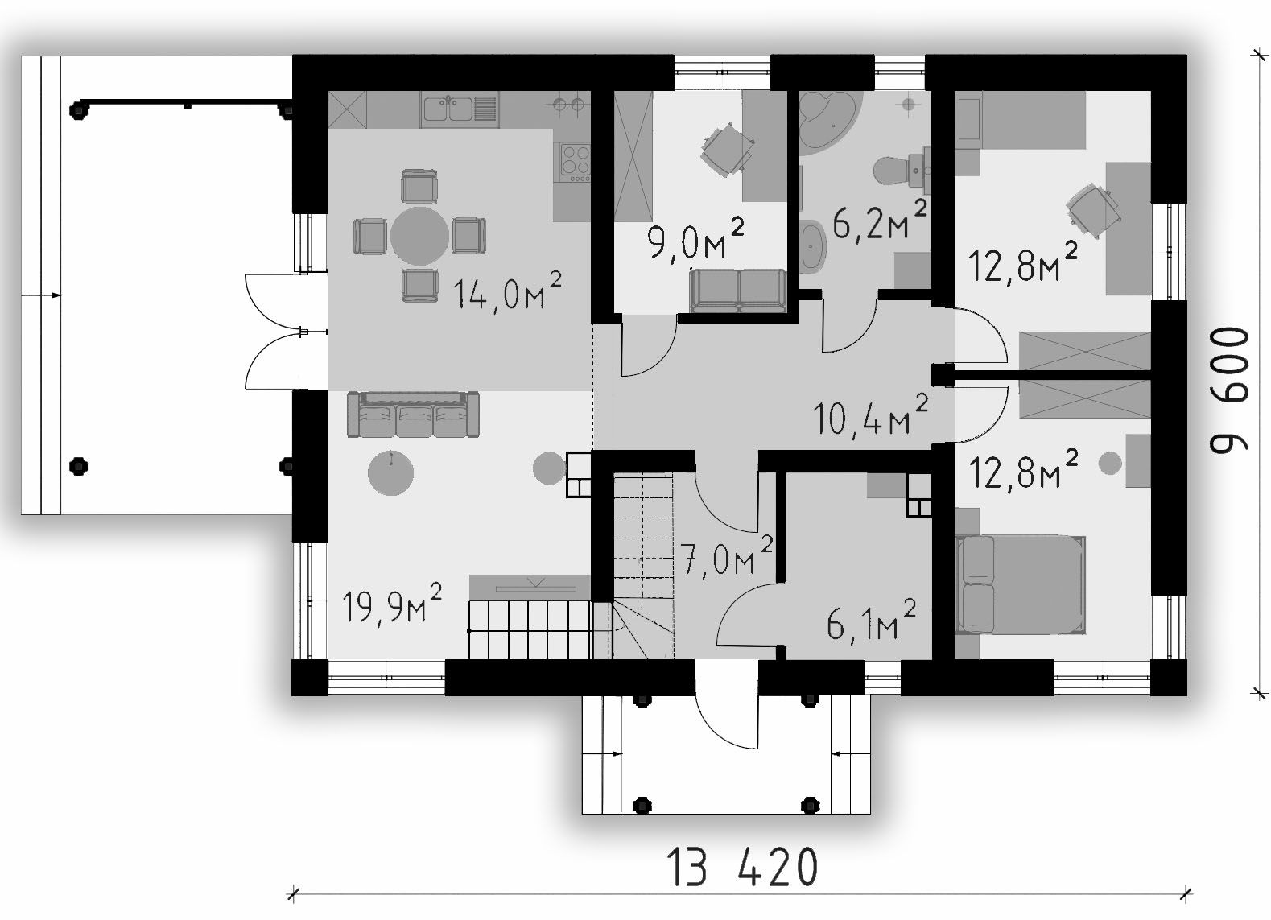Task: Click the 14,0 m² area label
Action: click(507, 291)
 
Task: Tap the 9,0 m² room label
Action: click(695, 241)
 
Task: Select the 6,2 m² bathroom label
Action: click(880, 221)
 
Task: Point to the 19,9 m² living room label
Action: click(392, 604)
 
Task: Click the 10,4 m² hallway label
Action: click(870, 415)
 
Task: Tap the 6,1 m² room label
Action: click(871, 621)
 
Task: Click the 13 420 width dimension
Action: click(741, 867)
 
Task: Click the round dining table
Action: click(419, 236)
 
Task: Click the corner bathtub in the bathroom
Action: click(829, 122)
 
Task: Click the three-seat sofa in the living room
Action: click(413, 415)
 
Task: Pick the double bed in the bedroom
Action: click(1021, 584)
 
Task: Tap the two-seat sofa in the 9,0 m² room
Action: click(738, 291)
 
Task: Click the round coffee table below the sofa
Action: click(390, 472)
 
